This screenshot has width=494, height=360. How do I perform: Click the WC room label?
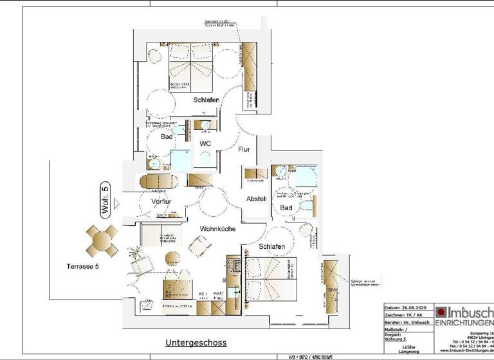coord(205,143)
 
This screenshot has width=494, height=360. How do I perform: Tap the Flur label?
coord(244,149)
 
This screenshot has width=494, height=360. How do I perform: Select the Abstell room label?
coord(256,199)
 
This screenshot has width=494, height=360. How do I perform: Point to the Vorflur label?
coord(161,202)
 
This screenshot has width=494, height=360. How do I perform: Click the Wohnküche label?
coord(217,229)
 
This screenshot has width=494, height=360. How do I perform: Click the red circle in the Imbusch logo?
coord(442,312)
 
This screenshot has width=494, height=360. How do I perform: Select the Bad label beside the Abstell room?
coord(286,208)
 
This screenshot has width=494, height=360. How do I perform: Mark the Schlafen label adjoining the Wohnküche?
coord(272,247)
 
